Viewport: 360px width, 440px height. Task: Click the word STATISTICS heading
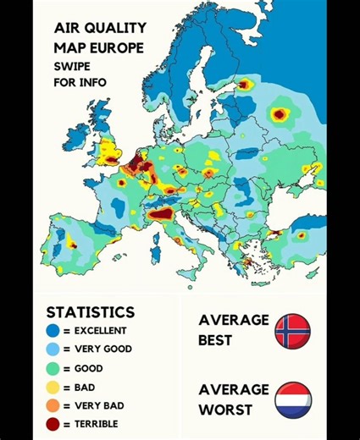click(90, 312)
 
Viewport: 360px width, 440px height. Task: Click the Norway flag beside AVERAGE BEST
click(292, 330)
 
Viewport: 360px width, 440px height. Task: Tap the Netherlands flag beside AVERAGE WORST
click(292, 399)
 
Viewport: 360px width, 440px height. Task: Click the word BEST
click(215, 340)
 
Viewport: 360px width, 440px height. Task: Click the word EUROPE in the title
click(119, 47)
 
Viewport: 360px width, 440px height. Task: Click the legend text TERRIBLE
click(96, 424)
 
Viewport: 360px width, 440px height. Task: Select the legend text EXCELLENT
click(100, 331)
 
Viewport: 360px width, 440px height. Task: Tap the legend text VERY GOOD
click(102, 349)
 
